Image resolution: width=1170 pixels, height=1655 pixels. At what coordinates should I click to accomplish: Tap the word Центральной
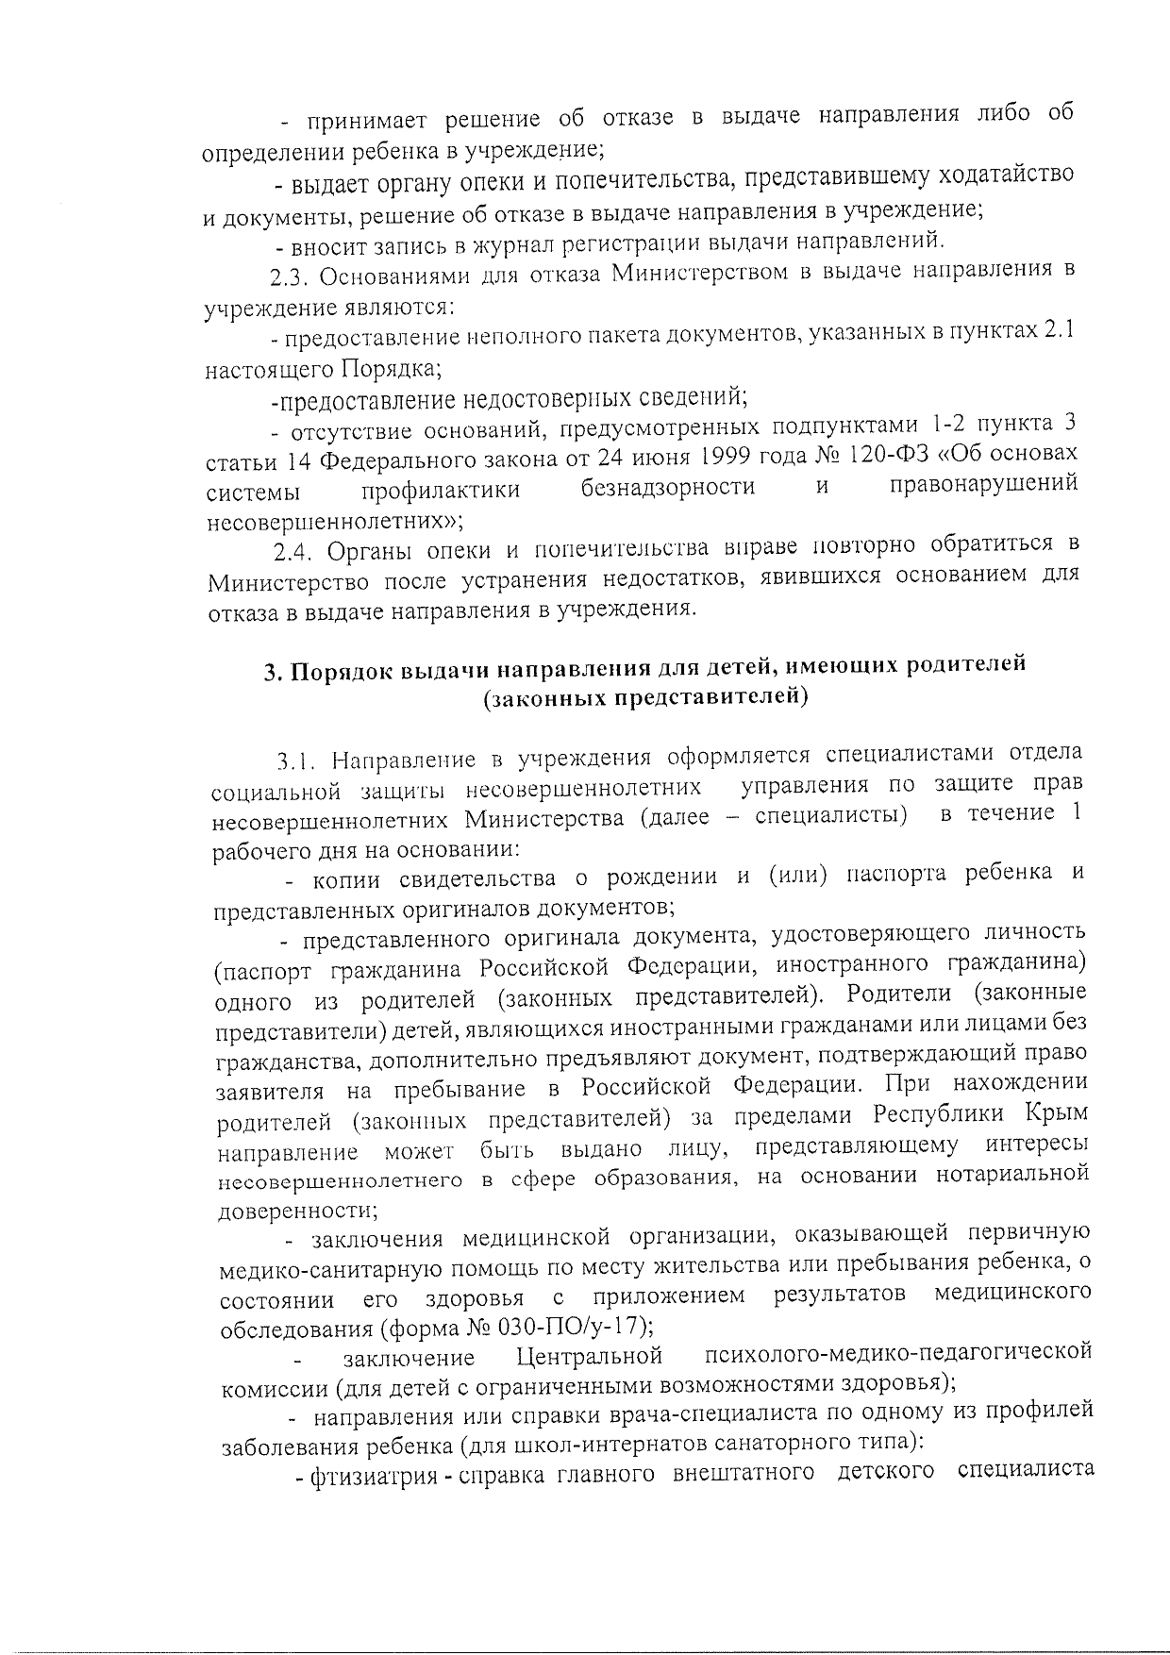click(590, 1357)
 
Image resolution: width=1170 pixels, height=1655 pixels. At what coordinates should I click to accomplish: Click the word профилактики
click(441, 491)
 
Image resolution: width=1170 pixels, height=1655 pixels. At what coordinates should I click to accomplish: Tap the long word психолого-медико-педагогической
click(898, 1352)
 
